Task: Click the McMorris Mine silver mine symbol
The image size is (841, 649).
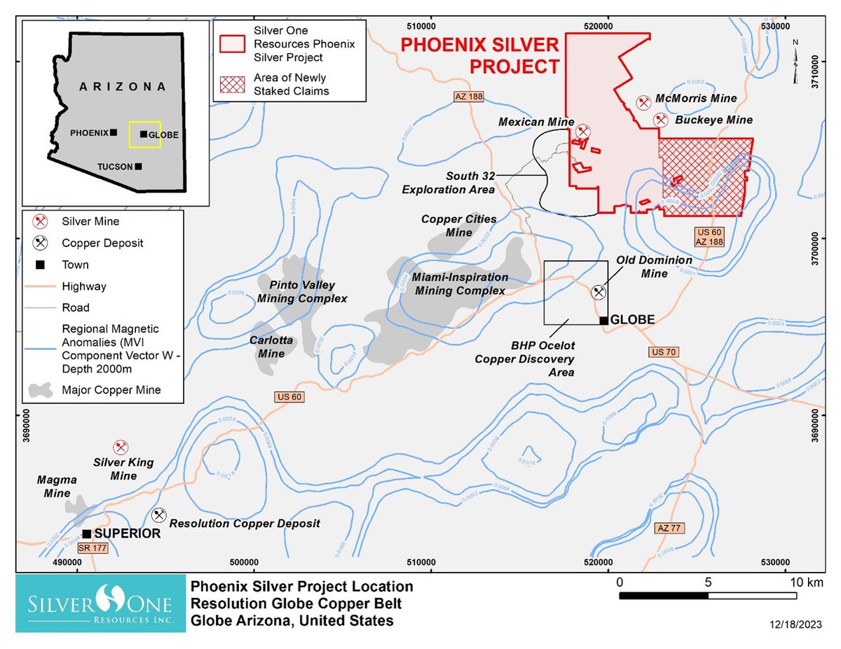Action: pos(643,103)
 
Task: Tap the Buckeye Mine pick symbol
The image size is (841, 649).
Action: pos(660,120)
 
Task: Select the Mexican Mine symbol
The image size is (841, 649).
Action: pos(582,131)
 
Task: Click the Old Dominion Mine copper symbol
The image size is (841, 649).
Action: pos(599,292)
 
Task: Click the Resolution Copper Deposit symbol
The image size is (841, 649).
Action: pos(159,516)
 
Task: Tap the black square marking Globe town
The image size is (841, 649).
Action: pos(603,320)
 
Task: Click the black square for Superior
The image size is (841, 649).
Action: pos(86,533)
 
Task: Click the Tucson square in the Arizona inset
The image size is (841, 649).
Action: pos(139,166)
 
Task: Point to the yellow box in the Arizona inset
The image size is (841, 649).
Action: pos(144,134)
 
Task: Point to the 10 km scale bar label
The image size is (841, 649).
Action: pos(796,582)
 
